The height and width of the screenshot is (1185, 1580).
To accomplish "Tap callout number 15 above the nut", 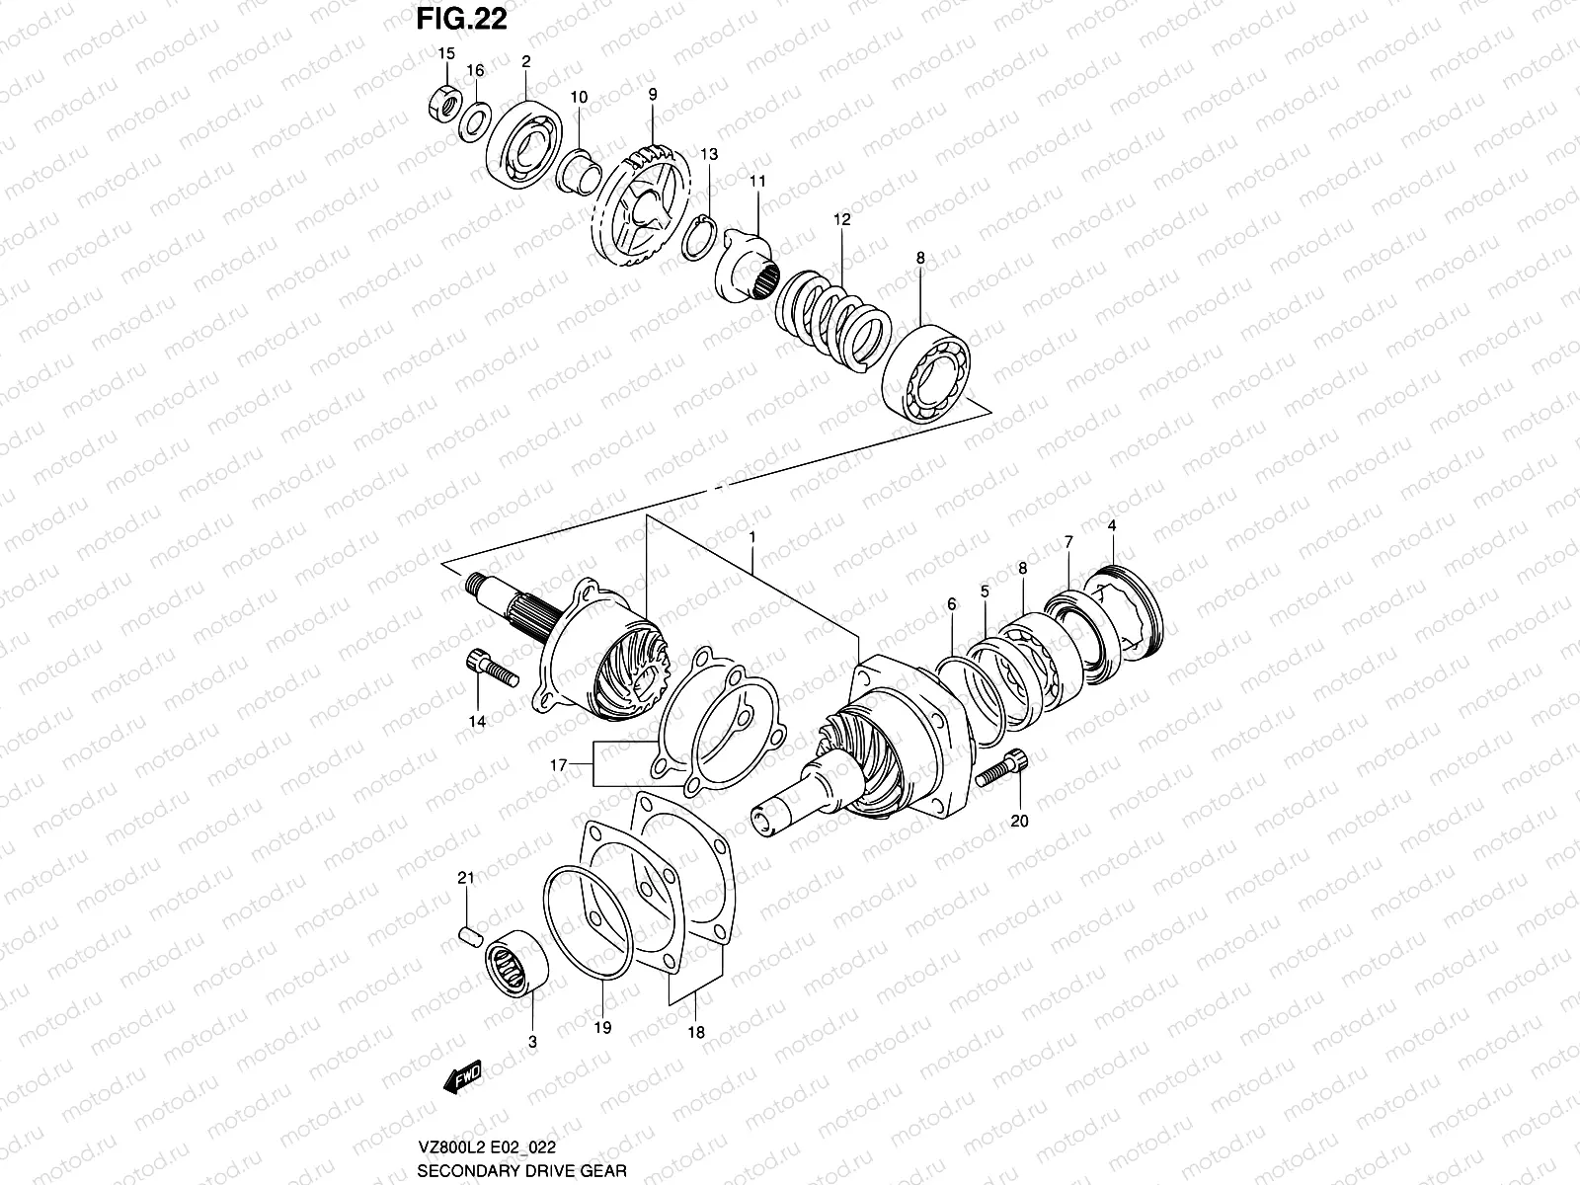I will click(446, 53).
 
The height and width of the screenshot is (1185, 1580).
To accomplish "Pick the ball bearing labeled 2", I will click(524, 145).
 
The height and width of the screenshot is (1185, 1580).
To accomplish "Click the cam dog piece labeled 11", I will click(747, 263).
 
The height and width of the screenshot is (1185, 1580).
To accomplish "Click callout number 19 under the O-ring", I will click(602, 1028).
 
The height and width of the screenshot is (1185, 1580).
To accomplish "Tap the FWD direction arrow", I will click(462, 1077).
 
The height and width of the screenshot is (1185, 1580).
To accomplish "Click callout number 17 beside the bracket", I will click(557, 764).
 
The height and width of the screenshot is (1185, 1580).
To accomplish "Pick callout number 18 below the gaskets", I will click(696, 1033).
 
